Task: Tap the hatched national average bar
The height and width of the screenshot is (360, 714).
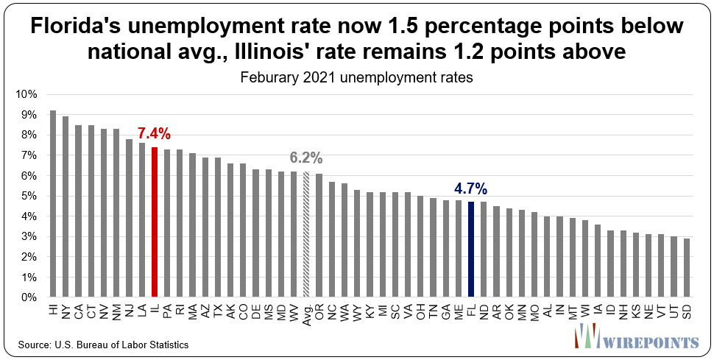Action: coord(306,235)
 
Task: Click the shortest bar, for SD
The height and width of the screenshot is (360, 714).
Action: coord(687,268)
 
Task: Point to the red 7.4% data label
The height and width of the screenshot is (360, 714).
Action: coord(155,133)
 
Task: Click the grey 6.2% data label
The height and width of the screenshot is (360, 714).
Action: coord(305,158)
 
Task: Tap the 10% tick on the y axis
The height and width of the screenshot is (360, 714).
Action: coord(26,94)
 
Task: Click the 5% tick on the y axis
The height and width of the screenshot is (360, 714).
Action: coord(29,197)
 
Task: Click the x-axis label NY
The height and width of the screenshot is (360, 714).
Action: coord(66,309)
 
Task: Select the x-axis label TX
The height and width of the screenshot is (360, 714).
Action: coord(218,309)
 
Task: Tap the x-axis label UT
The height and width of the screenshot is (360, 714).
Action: coord(674,309)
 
